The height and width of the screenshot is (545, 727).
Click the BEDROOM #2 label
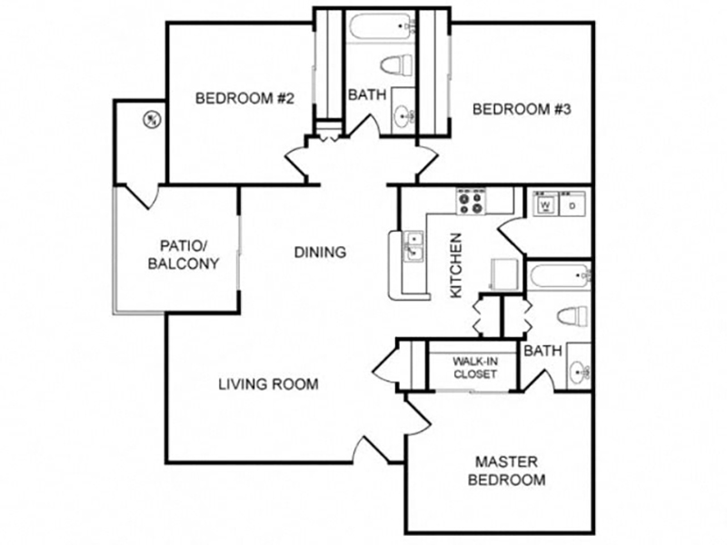pyautogui.click(x=244, y=98)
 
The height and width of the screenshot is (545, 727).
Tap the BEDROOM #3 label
pyautogui.click(x=522, y=109)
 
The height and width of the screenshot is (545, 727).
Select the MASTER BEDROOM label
pyautogui.click(x=506, y=471)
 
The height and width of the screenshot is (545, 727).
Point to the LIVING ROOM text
pyautogui.click(x=268, y=384)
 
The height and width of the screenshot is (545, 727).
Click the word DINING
pyautogui.click(x=321, y=253)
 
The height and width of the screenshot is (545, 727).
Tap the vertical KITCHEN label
pyautogui.click(x=456, y=265)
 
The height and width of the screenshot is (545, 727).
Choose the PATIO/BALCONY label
pyautogui.click(x=184, y=254)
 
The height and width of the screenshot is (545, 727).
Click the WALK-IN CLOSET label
pyautogui.click(x=475, y=368)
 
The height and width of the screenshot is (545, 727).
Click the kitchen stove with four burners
pyautogui.click(x=471, y=202)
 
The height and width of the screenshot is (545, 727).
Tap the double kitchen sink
pyautogui.click(x=413, y=246)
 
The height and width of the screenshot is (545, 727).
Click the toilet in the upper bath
pyautogui.click(x=397, y=64)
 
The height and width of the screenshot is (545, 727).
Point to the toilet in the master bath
pyautogui.click(x=573, y=317)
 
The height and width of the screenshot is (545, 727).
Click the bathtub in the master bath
pyautogui.click(x=559, y=276)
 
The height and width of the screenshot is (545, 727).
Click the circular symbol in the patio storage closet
pyautogui.click(x=151, y=120)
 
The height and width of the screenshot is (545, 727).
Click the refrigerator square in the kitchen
pyautogui.click(x=504, y=274)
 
